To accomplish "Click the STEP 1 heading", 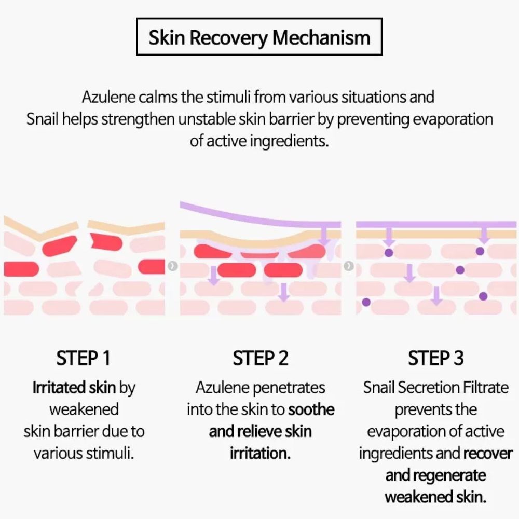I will click(83, 359).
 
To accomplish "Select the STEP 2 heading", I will click(260, 359).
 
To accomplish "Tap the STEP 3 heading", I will click(436, 359).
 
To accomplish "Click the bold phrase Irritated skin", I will click(74, 388).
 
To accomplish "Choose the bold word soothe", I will click(311, 409).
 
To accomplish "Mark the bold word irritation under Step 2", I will click(260, 453).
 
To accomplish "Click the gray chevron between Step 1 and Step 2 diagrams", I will click(173, 266).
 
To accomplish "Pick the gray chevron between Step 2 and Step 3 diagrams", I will click(349, 266).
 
